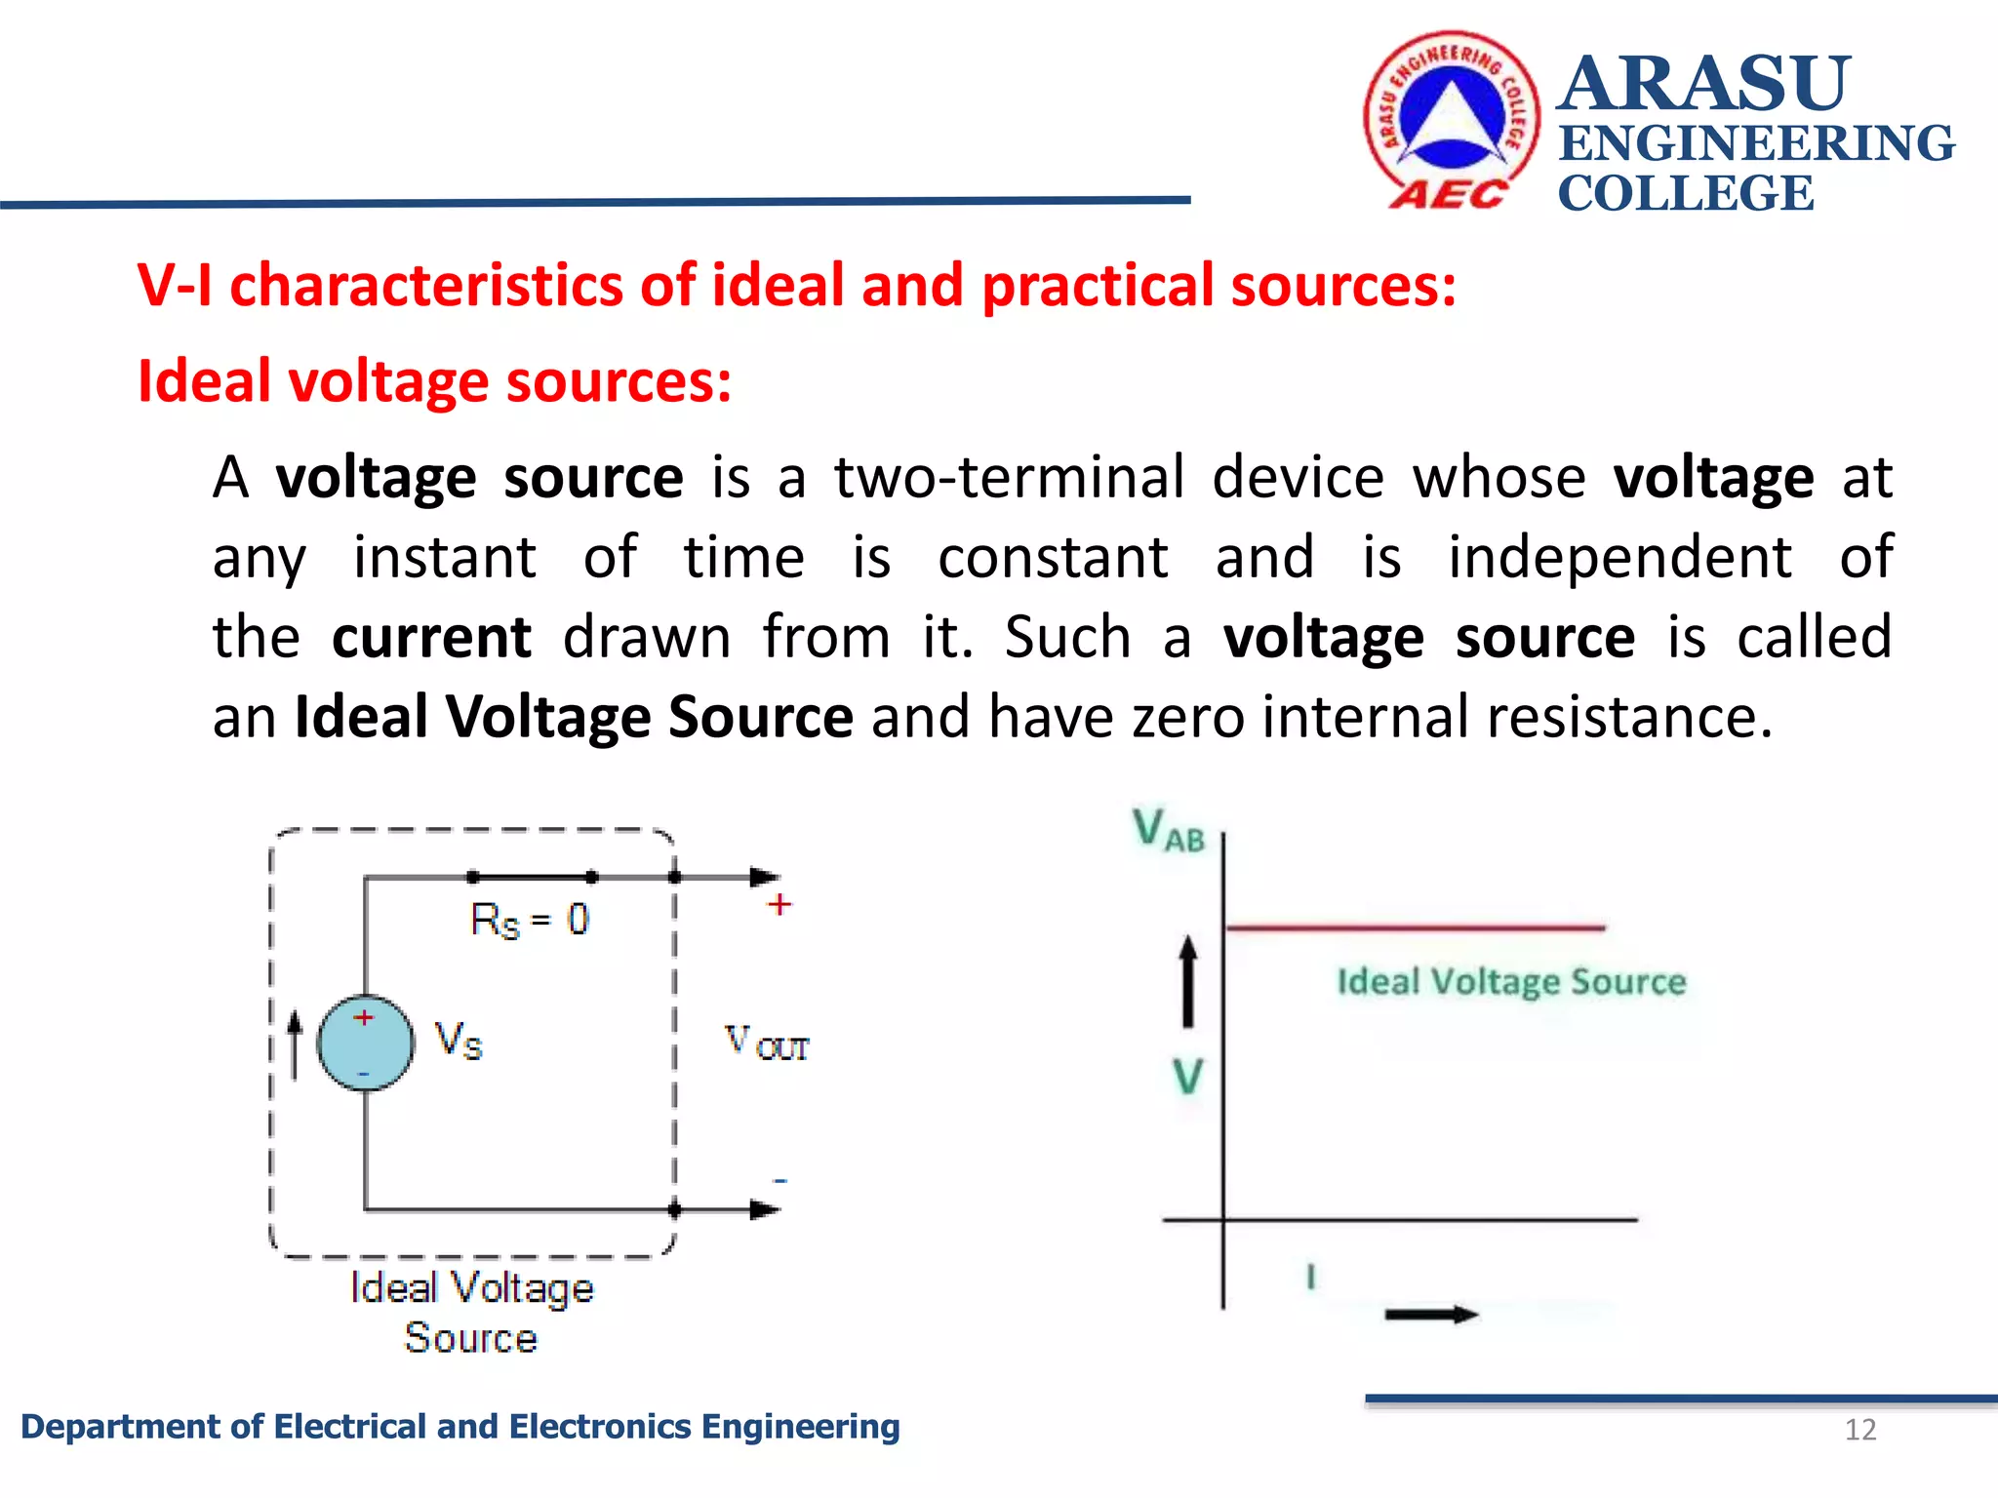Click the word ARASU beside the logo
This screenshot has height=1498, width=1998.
1703,85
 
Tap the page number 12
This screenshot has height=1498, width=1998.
1859,1430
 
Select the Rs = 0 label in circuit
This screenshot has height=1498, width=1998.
530,920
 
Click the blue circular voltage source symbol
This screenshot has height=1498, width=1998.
366,1043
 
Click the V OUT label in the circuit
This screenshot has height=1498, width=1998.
767,1043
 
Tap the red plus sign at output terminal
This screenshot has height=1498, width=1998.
779,905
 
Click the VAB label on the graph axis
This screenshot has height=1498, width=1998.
1169,831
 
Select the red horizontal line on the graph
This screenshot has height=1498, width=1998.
1415,927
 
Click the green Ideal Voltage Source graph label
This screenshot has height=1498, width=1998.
1510,981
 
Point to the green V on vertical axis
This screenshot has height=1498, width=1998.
1187,1078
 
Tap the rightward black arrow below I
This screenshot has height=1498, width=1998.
1431,1315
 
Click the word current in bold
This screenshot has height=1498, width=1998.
431,638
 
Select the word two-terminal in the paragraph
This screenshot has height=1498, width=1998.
1009,478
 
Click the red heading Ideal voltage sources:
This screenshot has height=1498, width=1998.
434,381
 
